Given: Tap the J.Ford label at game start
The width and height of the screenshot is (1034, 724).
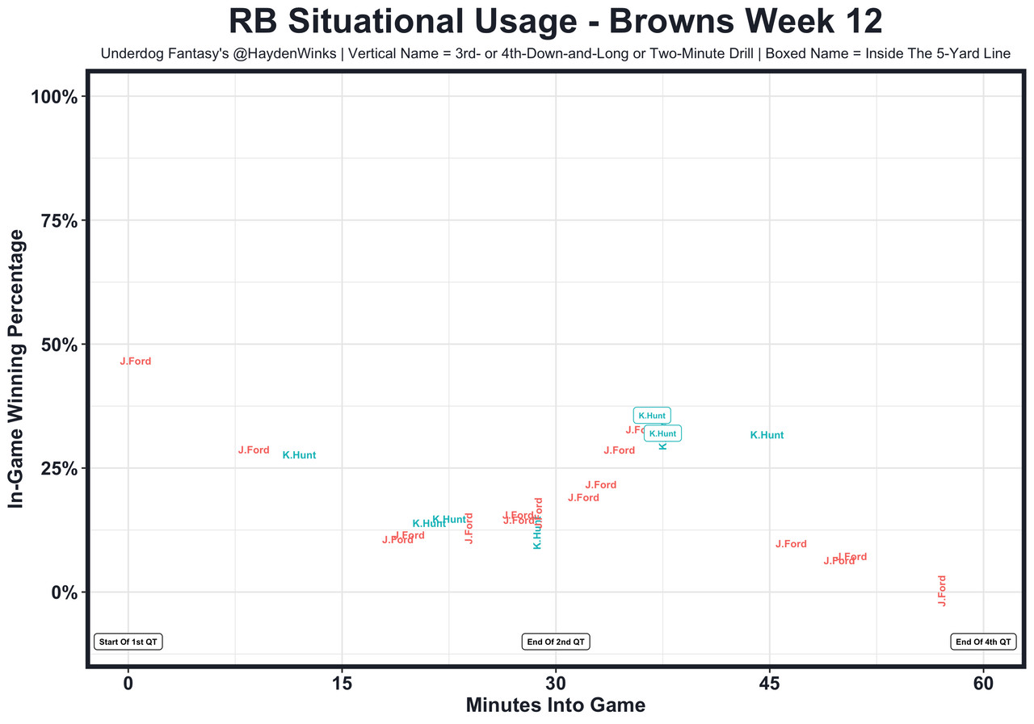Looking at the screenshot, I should pos(136,362).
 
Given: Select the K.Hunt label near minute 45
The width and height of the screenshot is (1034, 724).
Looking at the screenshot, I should pos(767,435).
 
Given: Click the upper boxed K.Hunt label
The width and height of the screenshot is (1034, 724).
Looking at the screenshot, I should pos(652,416).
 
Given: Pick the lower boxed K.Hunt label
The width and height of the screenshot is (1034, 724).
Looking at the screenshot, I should pos(662,433).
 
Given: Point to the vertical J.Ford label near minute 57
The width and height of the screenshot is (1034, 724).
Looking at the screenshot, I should pos(942,591).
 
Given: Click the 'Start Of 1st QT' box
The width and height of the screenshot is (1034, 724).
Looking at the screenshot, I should pos(129,642).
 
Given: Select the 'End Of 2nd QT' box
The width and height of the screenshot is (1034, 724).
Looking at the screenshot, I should pos(557,642).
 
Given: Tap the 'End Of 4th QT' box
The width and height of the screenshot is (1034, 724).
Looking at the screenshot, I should pos(983,642).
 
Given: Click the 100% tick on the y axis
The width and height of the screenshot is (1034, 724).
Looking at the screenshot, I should pos(53,97).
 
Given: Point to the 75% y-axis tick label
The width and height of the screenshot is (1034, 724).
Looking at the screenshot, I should pos(58,221).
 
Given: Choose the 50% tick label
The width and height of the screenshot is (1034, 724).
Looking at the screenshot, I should pos(58,345).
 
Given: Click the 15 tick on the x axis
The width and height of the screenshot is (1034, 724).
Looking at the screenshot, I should pos(342,683).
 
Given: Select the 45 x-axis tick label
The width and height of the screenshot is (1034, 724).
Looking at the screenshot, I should pos(770,683).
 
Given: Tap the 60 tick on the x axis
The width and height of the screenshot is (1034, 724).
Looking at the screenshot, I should pos(984,683).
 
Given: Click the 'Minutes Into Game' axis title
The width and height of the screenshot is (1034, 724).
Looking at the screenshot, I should pos(556,705).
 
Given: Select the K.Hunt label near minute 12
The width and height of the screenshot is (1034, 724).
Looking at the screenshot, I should pos(299,455).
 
